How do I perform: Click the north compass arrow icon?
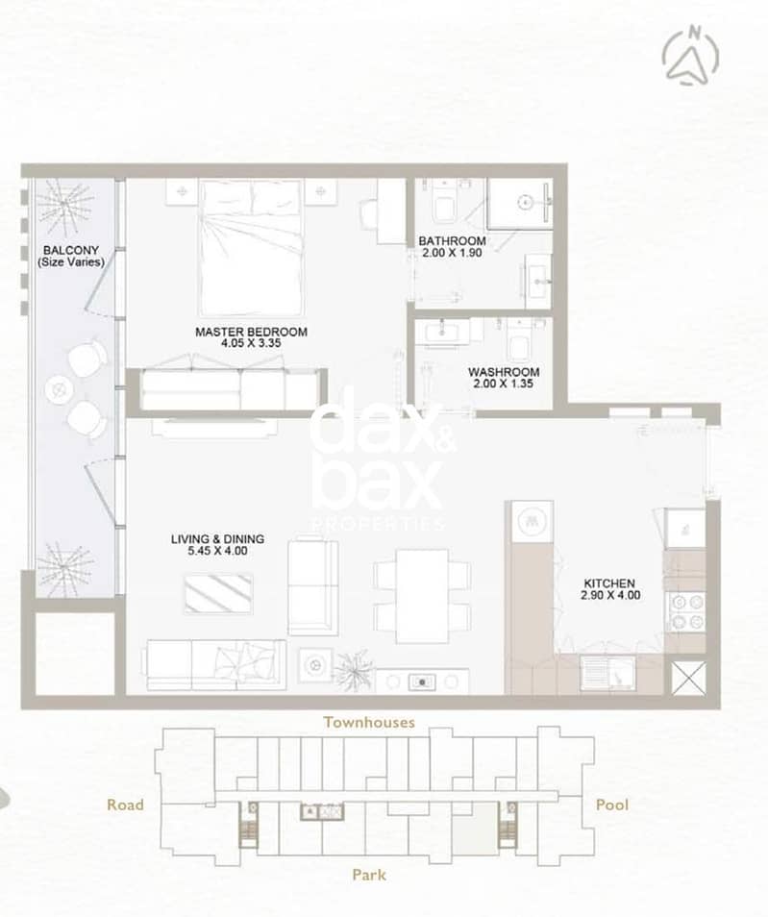click(x=691, y=55)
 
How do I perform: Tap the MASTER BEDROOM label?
click(x=251, y=332)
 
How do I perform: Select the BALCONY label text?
click(x=71, y=250)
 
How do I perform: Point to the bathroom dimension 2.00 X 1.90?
click(x=452, y=253)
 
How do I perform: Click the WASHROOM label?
click(x=504, y=372)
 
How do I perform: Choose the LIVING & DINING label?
click(x=217, y=538)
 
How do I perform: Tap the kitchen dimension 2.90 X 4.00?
click(x=610, y=595)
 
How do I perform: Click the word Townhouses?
click(x=369, y=722)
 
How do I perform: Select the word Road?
click(x=125, y=805)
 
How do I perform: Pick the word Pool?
click(x=612, y=805)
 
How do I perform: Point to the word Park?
click(x=369, y=875)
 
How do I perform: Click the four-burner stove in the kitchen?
click(x=686, y=611)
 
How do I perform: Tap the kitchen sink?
click(x=608, y=673)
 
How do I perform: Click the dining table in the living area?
click(x=422, y=595)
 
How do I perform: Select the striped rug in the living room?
click(x=218, y=594)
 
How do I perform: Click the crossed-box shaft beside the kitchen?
click(x=688, y=679)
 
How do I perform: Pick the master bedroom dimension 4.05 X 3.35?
click(x=251, y=343)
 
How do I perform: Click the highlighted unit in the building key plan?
click(x=474, y=828)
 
